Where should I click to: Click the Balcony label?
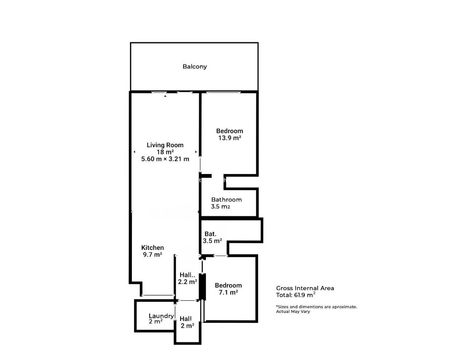[x=194, y=66]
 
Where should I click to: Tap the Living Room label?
[x=165, y=145]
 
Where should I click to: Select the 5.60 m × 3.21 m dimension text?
[x=165, y=159]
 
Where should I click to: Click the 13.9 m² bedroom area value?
[x=230, y=138]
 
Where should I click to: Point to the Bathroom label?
[x=226, y=200]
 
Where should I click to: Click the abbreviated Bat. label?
[x=210, y=234]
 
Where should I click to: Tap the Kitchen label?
[x=153, y=247]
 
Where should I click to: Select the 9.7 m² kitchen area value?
[x=153, y=255]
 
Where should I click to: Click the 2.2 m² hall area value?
[x=187, y=282]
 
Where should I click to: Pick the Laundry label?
[x=161, y=316]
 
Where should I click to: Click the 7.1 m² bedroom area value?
[x=228, y=292]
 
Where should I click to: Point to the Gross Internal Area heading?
[x=305, y=288]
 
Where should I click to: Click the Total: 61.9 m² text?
[x=296, y=295]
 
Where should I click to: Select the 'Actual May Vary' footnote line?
[x=293, y=311]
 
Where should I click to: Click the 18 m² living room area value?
[x=165, y=152]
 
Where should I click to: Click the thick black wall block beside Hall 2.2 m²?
[x=202, y=287]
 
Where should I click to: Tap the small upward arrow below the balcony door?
[x=165, y=96]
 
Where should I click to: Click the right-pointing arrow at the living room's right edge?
[x=196, y=152]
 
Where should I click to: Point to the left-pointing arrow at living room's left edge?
[x=134, y=152]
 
